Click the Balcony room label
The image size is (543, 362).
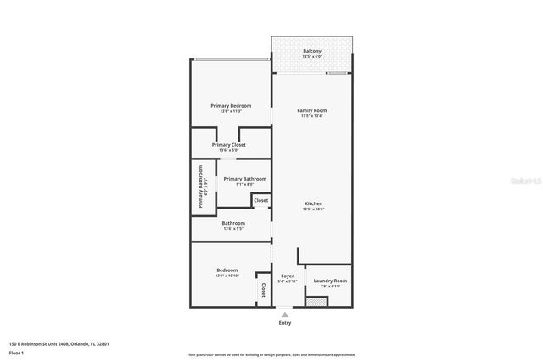pyautogui.click(x=311, y=51)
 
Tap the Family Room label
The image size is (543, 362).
pyautogui.click(x=311, y=110)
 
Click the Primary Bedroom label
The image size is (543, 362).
pyautogui.click(x=231, y=105)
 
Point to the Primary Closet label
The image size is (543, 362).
pyautogui.click(x=229, y=145)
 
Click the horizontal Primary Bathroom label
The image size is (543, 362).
pyautogui.click(x=245, y=179)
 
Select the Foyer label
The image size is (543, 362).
pyautogui.click(x=287, y=276)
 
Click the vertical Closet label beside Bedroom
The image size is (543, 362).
pyautogui.click(x=263, y=291)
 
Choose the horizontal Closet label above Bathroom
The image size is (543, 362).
pyautogui.click(x=260, y=200)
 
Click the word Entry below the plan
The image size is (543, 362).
pyautogui.click(x=284, y=323)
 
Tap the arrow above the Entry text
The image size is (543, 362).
pyautogui.click(x=284, y=313)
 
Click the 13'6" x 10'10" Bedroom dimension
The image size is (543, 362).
pyautogui.click(x=227, y=276)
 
